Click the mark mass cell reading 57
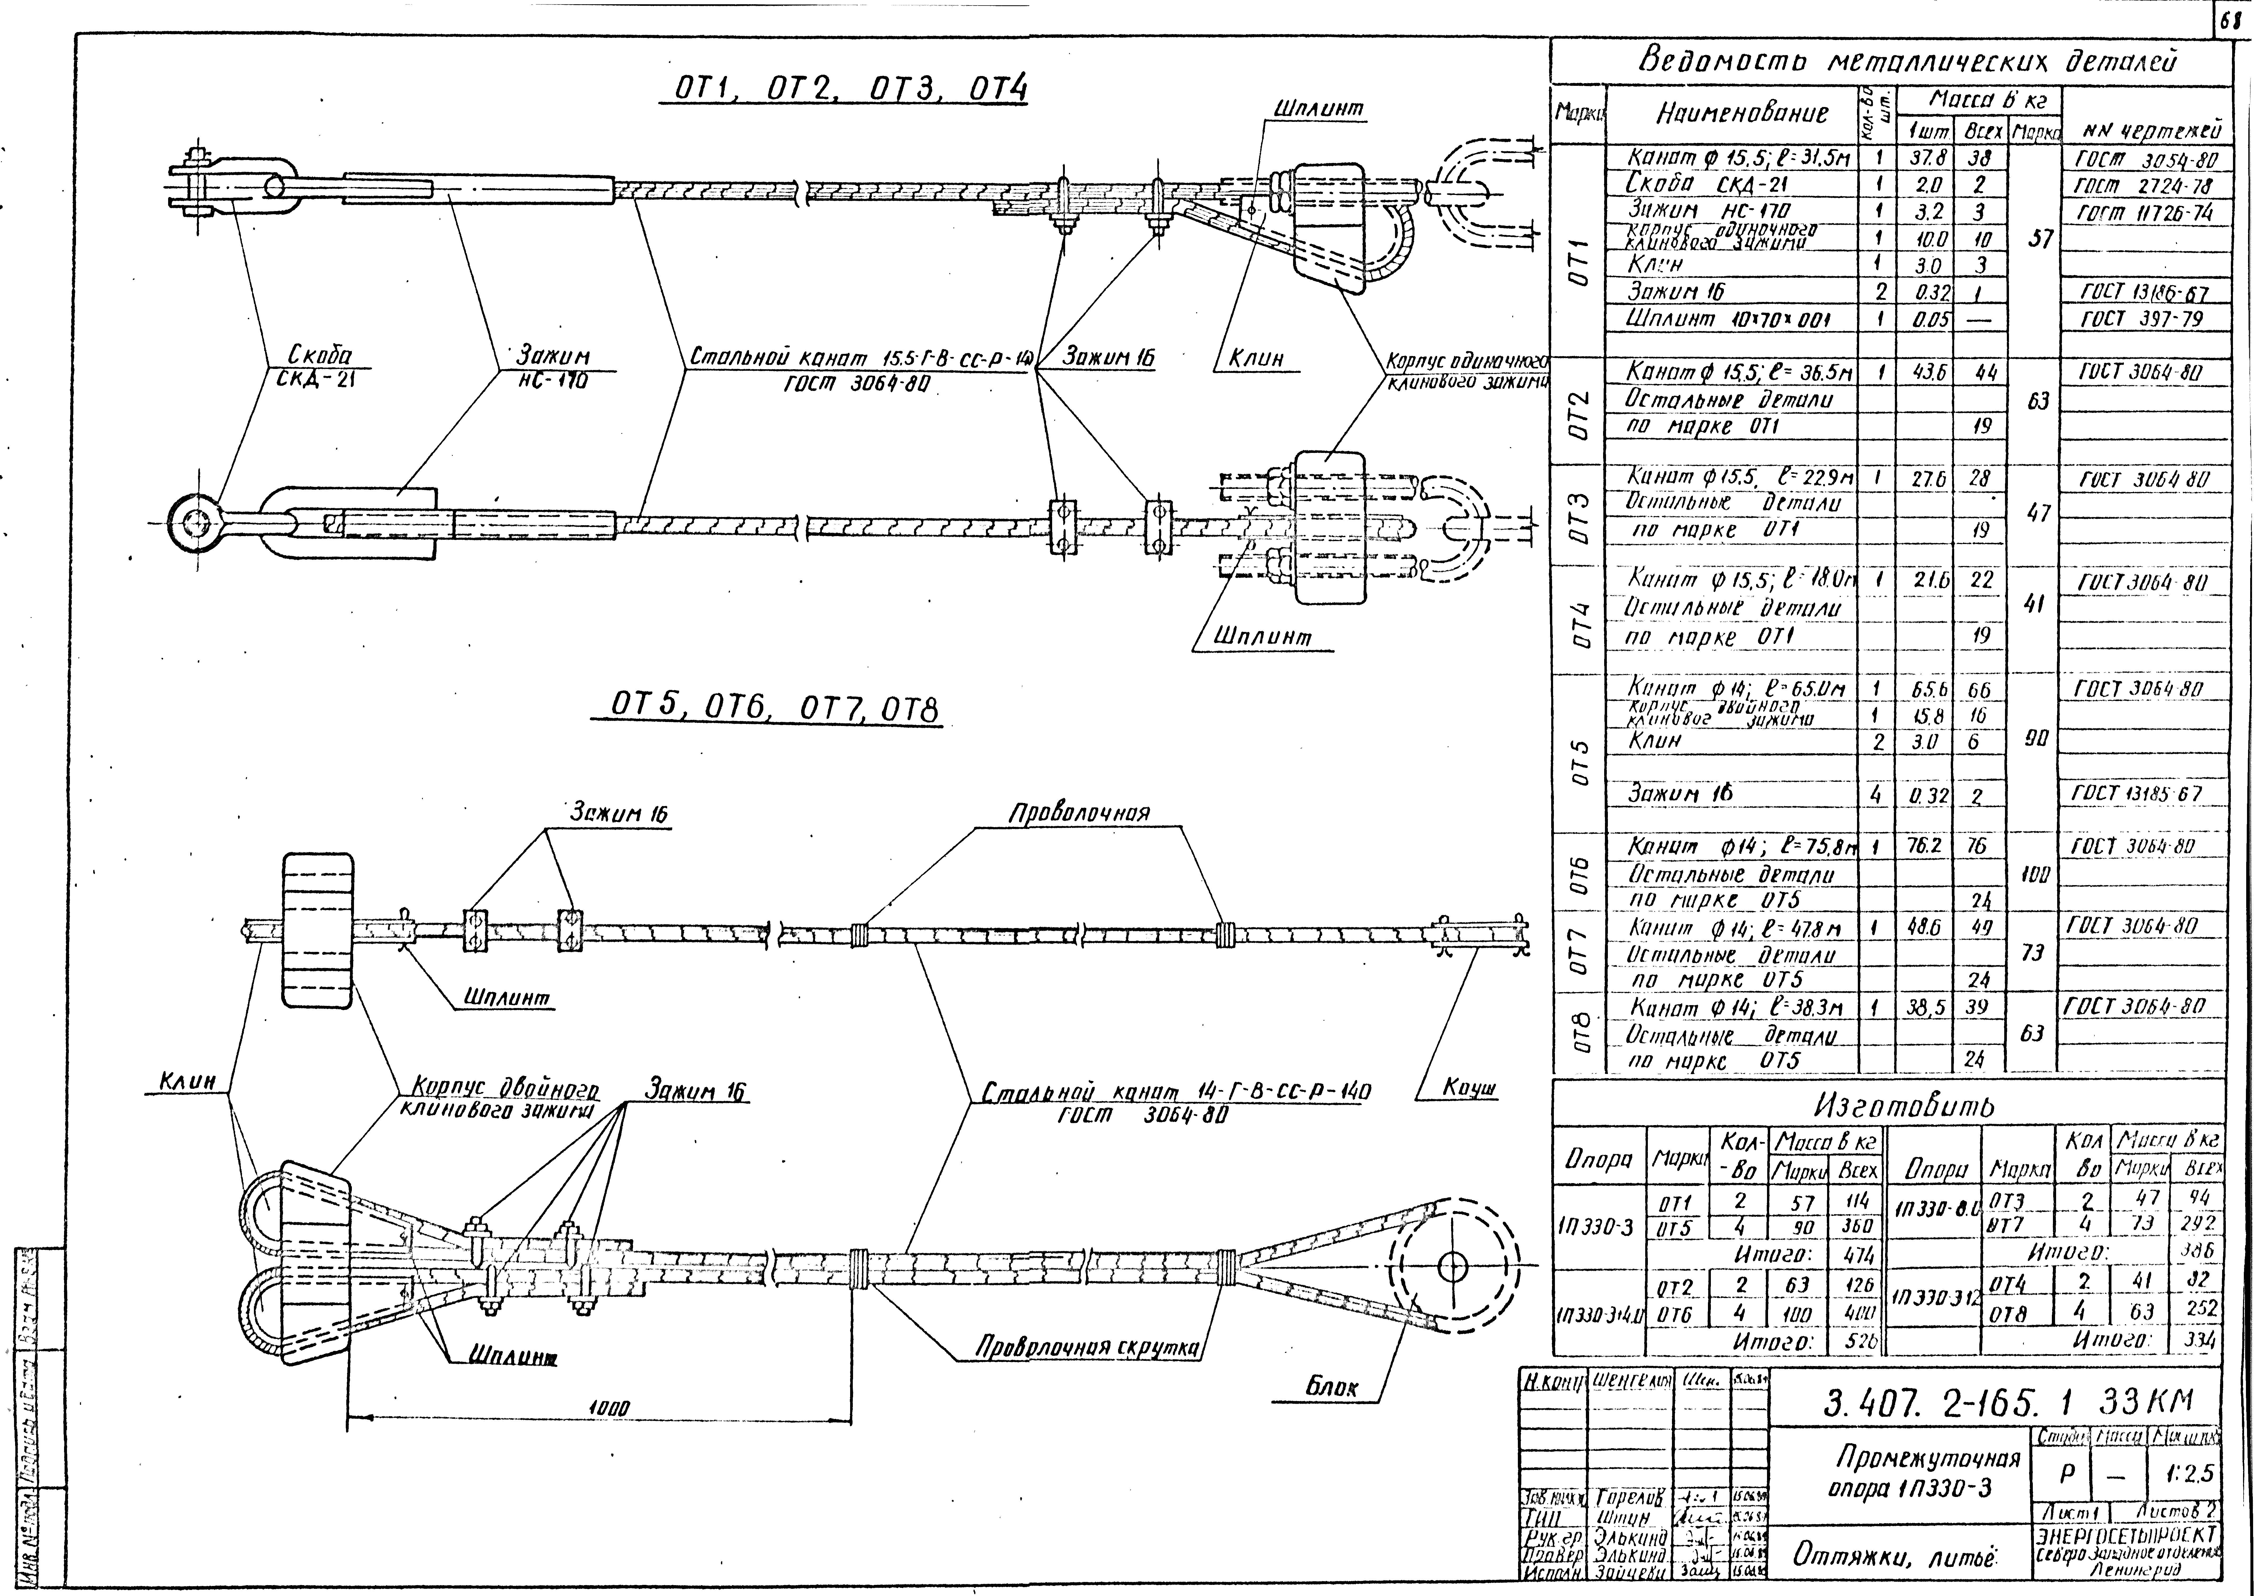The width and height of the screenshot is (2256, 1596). coord(2039,239)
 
